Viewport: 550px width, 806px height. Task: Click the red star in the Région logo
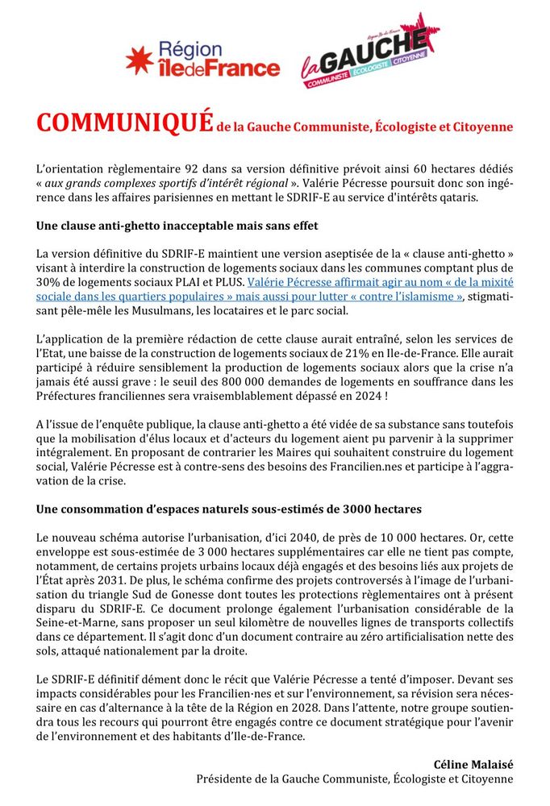point(139,60)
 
